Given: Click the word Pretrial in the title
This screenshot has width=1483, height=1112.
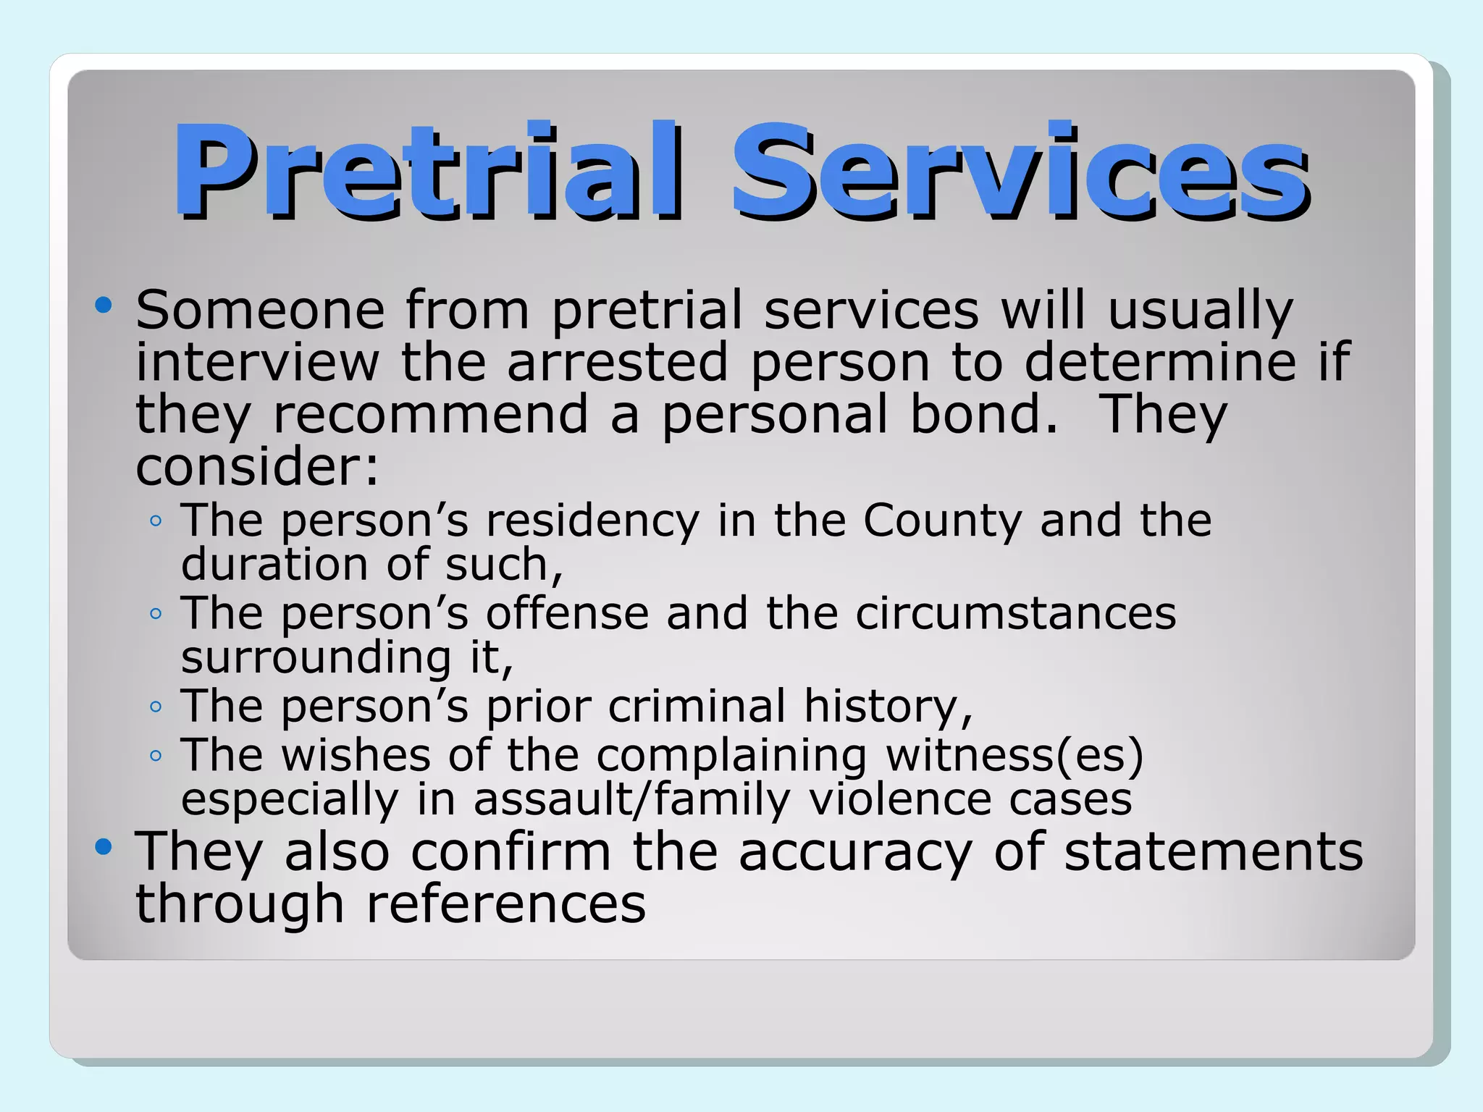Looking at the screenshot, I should (x=427, y=171).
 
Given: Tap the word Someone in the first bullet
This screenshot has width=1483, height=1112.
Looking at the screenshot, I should (x=260, y=310).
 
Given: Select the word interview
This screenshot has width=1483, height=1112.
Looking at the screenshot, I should (x=257, y=362).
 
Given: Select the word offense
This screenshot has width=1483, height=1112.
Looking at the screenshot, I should (x=567, y=613).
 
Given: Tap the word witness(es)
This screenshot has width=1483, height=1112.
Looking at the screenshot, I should (x=1014, y=755).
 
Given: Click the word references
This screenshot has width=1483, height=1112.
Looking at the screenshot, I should (x=505, y=904).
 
